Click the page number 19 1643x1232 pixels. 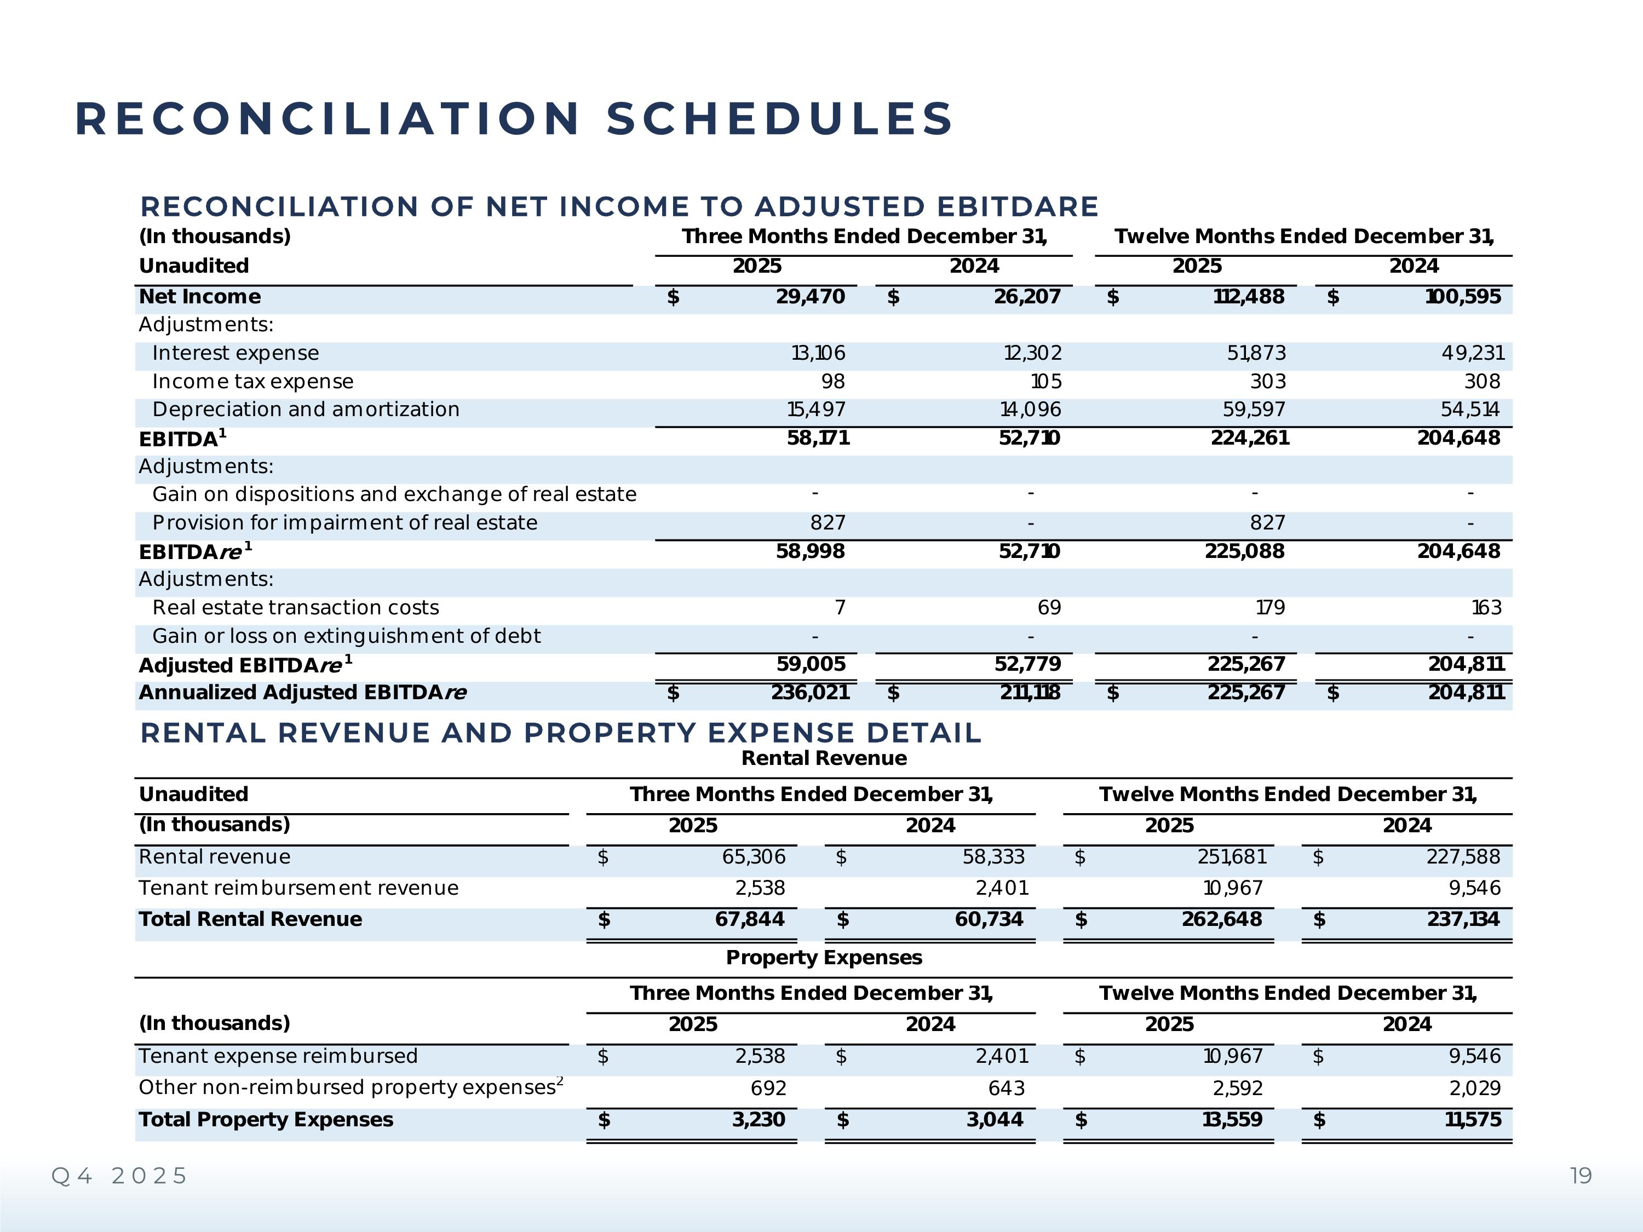click(x=1581, y=1176)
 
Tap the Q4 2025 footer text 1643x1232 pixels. click(x=119, y=1176)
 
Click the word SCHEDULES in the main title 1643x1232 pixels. click(x=779, y=119)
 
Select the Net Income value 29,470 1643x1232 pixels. click(x=809, y=297)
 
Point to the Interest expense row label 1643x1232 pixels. click(x=235, y=354)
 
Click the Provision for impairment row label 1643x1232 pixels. click(x=344, y=523)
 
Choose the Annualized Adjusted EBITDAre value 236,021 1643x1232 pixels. click(x=809, y=693)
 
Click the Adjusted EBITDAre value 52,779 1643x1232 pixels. click(x=1027, y=664)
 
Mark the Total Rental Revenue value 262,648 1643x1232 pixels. click(x=1221, y=919)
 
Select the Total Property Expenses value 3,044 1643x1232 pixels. click(x=995, y=1120)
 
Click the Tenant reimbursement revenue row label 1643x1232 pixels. click(x=298, y=888)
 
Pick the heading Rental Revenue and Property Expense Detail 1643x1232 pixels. click(x=561, y=733)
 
